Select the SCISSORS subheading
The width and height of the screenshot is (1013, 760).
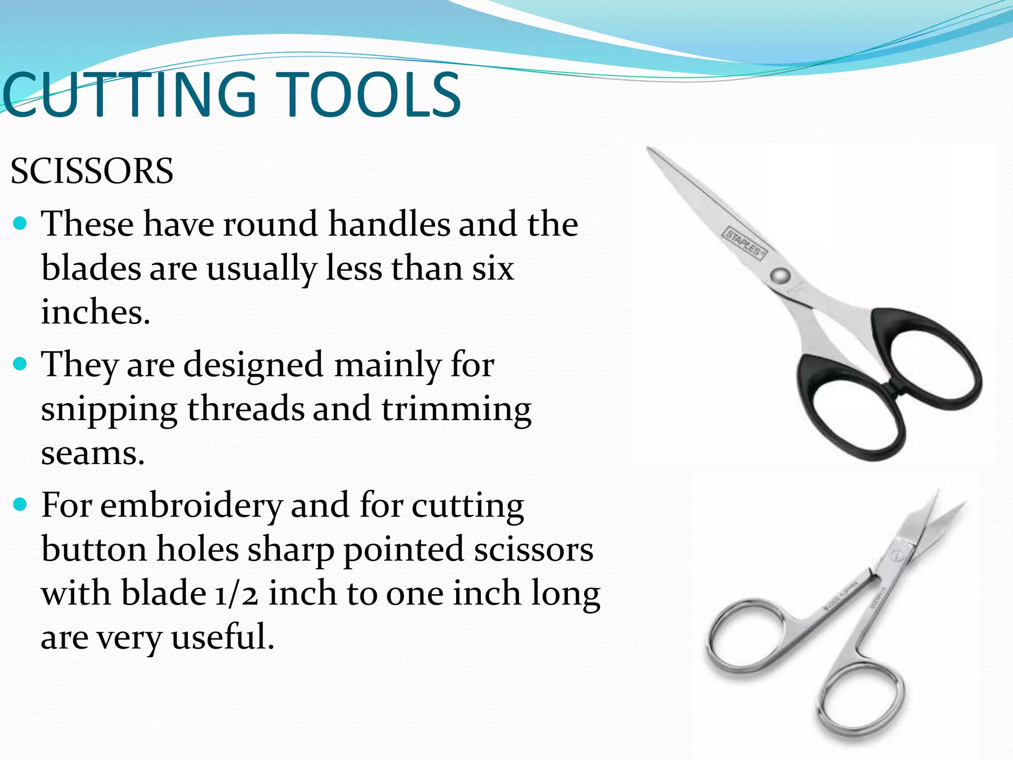coord(92,171)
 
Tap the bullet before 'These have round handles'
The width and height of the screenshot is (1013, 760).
coord(20,224)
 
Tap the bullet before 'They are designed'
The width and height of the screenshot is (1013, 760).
coord(20,365)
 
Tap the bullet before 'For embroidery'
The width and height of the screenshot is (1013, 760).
coord(20,505)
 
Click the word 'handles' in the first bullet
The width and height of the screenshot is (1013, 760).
coord(389,224)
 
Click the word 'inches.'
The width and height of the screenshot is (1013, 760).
coord(95,313)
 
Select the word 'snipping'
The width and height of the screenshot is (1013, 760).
coord(109,410)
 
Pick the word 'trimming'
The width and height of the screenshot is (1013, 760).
coord(456,410)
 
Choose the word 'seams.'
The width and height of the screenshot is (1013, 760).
coord(92,453)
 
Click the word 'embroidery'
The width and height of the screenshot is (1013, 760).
coord(191,506)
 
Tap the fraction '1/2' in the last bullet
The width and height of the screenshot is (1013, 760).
coord(236,593)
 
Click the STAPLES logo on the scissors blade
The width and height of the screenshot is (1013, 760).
coord(745,243)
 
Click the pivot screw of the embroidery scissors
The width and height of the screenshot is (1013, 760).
coord(896,558)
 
